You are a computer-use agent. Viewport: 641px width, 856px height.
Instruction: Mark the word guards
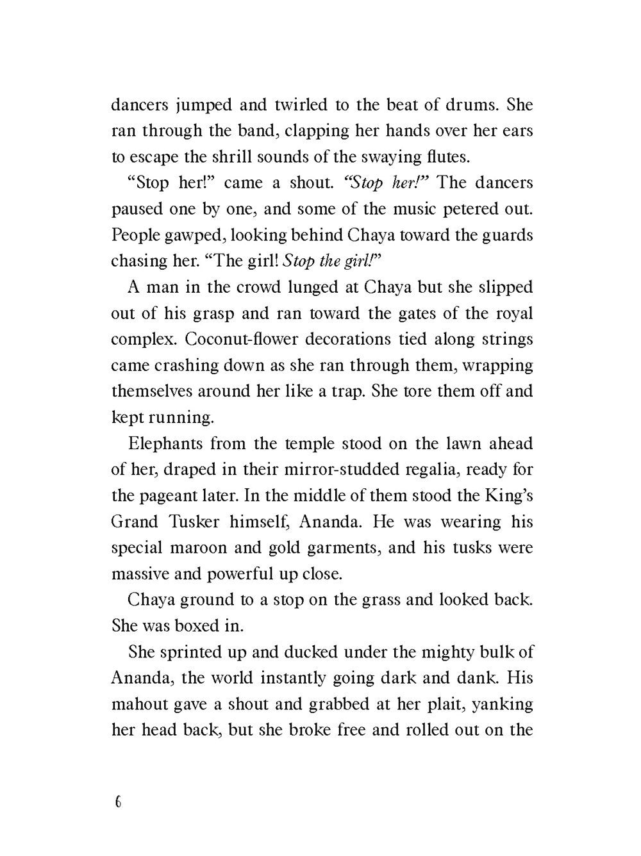(503, 235)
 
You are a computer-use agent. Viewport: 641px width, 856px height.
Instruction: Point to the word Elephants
(165, 443)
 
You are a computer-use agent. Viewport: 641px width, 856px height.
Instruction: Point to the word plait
(420, 704)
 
